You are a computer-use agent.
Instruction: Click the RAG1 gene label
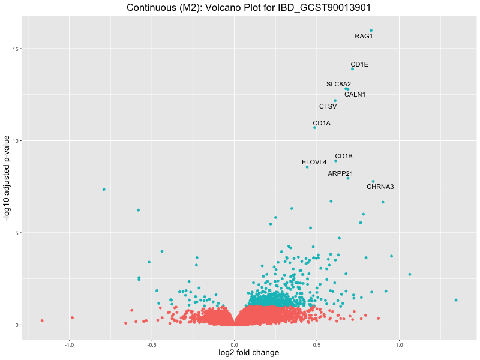[364, 36]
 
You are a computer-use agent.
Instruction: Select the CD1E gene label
[359, 64]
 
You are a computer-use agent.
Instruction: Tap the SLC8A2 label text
[338, 84]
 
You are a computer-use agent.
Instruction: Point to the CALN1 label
[355, 94]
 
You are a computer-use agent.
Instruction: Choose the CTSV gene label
[328, 106]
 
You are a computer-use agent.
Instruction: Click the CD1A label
[322, 123]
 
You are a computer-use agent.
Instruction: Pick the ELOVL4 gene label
[314, 162]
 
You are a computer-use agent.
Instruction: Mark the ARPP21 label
[340, 173]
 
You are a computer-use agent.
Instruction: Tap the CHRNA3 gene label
[380, 187]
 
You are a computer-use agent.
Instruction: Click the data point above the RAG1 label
[371, 30]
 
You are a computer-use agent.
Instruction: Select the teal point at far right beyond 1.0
[456, 300]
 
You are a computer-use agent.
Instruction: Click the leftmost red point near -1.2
[42, 320]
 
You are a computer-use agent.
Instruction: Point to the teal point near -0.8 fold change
[104, 189]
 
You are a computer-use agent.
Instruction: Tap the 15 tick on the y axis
[17, 49]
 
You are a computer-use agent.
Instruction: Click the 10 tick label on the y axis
[17, 140]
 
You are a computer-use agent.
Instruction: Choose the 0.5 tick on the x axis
[317, 345]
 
